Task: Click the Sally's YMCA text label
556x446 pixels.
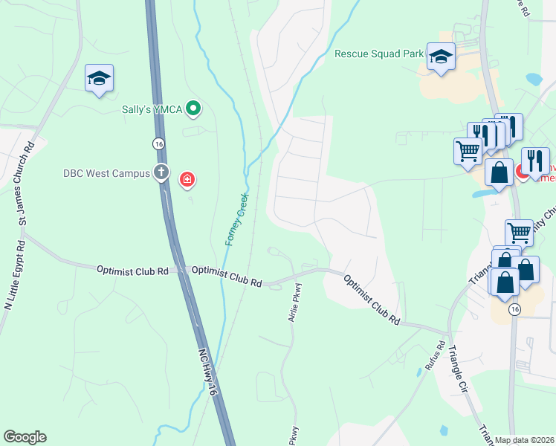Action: (x=153, y=109)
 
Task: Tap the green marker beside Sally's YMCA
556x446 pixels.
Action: (x=193, y=109)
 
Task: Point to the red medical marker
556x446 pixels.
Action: (x=187, y=178)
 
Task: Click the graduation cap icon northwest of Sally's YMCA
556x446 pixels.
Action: (x=99, y=78)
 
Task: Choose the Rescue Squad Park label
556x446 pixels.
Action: (x=379, y=54)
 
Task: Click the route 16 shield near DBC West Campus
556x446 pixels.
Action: (x=158, y=143)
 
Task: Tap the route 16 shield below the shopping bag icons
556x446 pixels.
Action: (x=514, y=309)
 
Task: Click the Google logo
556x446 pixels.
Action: (x=25, y=437)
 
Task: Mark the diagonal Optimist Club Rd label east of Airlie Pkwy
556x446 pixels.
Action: (x=372, y=300)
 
